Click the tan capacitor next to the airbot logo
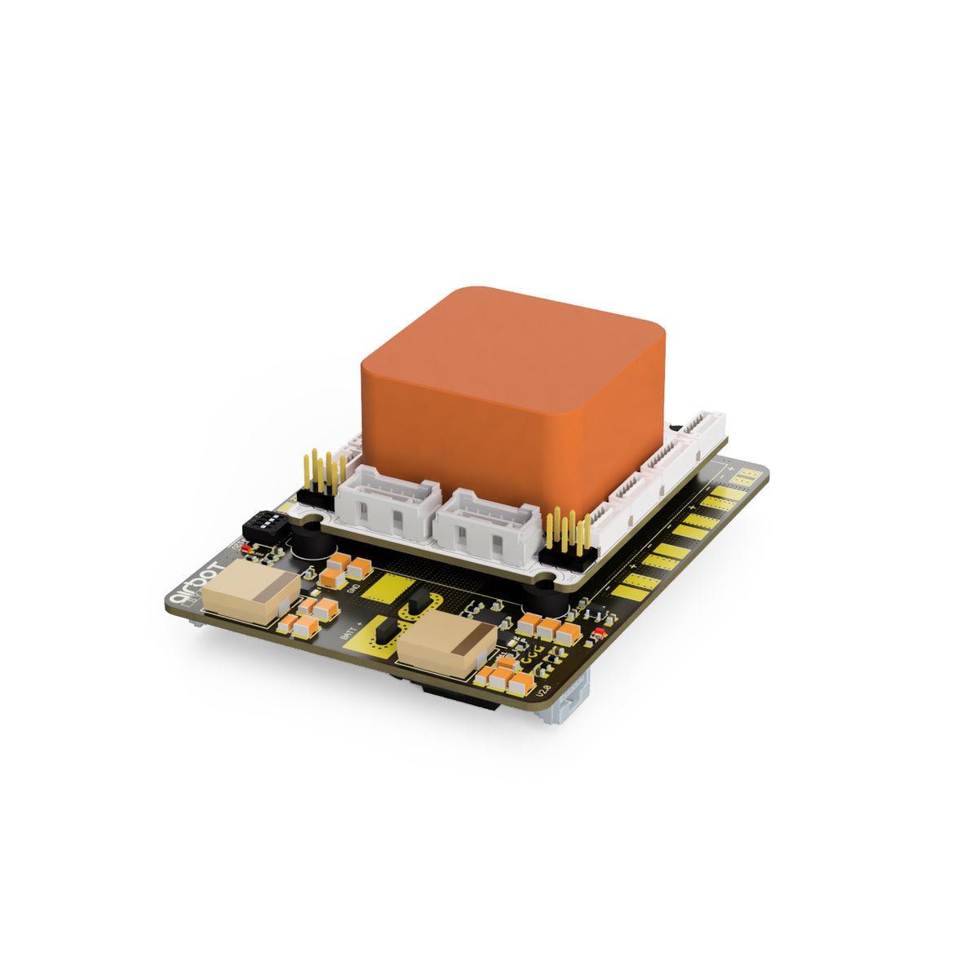click(251, 593)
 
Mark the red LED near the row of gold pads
click(599, 631)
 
